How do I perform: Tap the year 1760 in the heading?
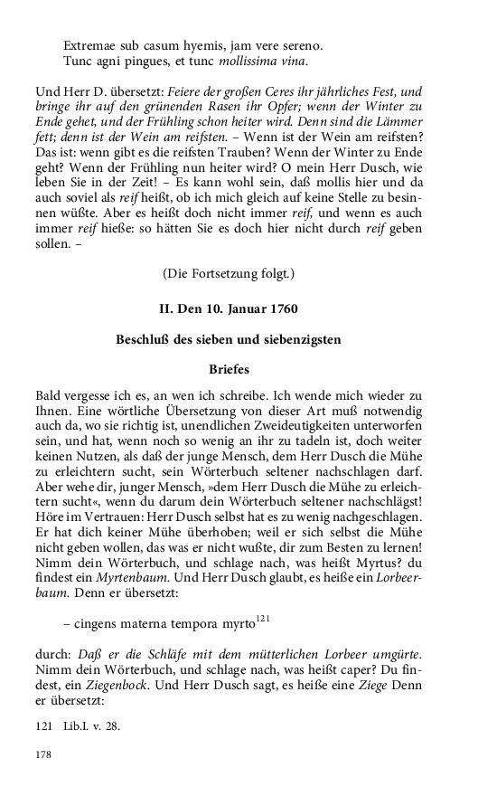(281, 308)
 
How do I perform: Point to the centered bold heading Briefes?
(229, 369)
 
